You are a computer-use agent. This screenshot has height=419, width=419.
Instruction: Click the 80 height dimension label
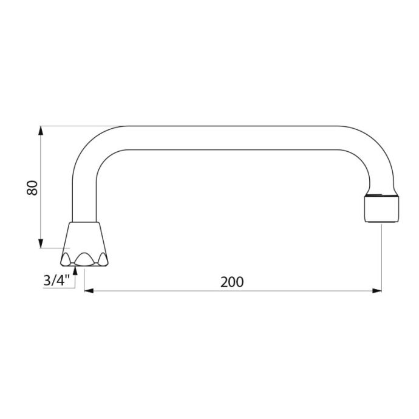click(x=32, y=188)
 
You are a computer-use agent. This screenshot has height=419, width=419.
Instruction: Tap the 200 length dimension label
click(x=232, y=282)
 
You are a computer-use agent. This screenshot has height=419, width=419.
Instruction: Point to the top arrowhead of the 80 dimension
click(x=41, y=131)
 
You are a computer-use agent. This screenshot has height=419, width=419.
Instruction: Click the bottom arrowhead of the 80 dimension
click(x=41, y=244)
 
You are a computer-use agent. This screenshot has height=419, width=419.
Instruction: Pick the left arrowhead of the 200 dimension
click(x=89, y=291)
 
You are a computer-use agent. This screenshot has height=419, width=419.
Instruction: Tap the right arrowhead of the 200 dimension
click(x=377, y=291)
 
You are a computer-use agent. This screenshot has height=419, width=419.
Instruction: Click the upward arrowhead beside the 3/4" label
click(x=75, y=270)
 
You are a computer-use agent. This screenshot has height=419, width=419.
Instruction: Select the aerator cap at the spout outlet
click(x=381, y=209)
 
